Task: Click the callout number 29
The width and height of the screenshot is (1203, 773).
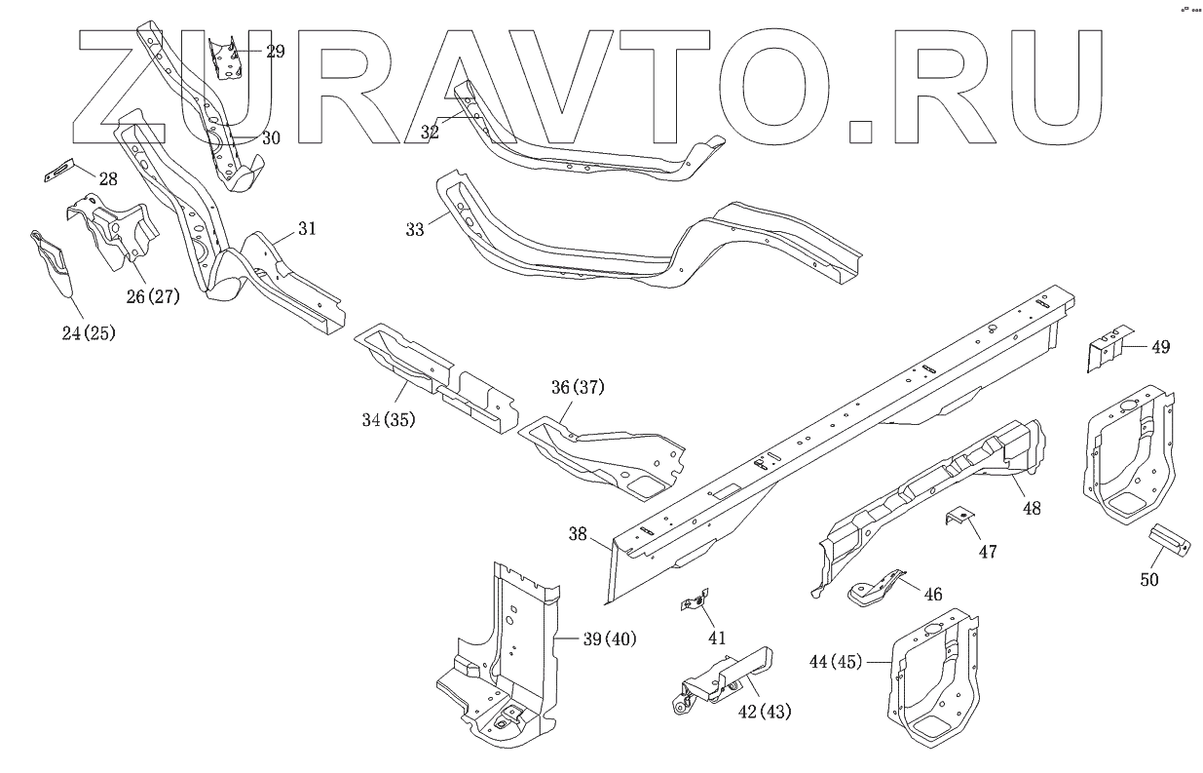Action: (275, 52)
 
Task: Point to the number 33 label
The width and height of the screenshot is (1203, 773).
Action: (415, 230)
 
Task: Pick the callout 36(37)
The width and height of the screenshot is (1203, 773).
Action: (578, 387)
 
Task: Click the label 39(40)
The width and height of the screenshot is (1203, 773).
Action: (609, 639)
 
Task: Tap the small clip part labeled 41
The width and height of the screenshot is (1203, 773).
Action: (693, 604)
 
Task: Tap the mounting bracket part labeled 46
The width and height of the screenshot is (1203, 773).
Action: (875, 589)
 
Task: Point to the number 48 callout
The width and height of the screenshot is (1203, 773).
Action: (1032, 507)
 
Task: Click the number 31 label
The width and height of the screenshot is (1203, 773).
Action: (307, 229)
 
